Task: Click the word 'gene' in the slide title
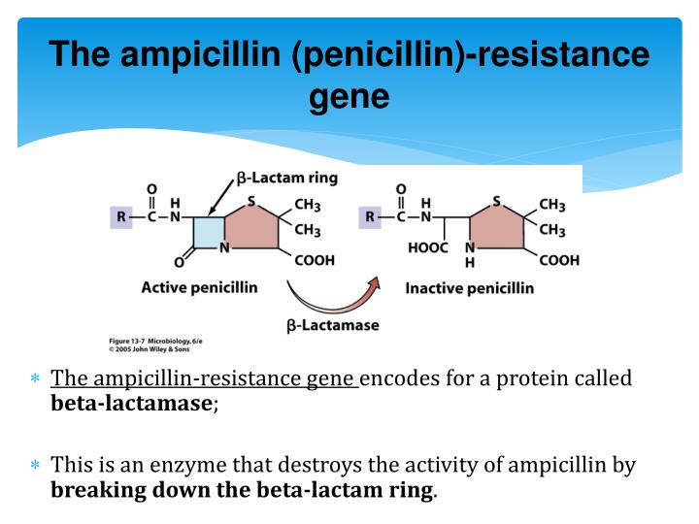(349, 97)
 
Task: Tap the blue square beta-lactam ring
(208, 234)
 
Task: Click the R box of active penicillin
(120, 218)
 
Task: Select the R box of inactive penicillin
(370, 218)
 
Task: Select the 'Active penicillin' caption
(199, 287)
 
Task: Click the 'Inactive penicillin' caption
(469, 288)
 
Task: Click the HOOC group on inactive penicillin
(427, 248)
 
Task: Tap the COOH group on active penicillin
(313, 259)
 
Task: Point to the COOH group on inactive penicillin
(558, 260)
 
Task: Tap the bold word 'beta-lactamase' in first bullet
(131, 404)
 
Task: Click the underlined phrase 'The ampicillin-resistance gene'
(204, 378)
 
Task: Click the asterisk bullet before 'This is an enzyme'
(35, 466)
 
